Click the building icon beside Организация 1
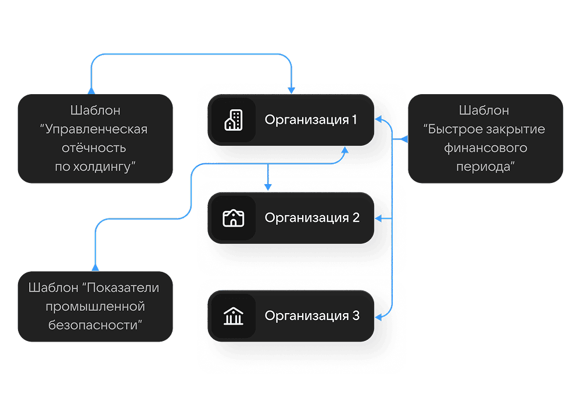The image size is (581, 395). [x=233, y=120]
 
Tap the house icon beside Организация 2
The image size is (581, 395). [x=233, y=218]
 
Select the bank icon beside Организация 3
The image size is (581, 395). [x=233, y=316]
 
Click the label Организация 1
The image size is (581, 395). [x=311, y=120]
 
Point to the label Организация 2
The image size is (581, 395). [x=312, y=218]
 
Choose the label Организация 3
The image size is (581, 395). [x=312, y=316]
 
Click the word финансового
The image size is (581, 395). [x=486, y=148]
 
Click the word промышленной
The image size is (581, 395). [x=95, y=306]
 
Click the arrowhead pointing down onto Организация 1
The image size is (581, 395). [x=292, y=89]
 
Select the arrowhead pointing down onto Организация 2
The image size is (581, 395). [x=268, y=187]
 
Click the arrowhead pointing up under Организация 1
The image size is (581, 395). [x=345, y=150]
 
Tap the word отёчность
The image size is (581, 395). [x=95, y=148]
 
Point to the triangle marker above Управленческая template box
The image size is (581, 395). [x=91, y=89]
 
